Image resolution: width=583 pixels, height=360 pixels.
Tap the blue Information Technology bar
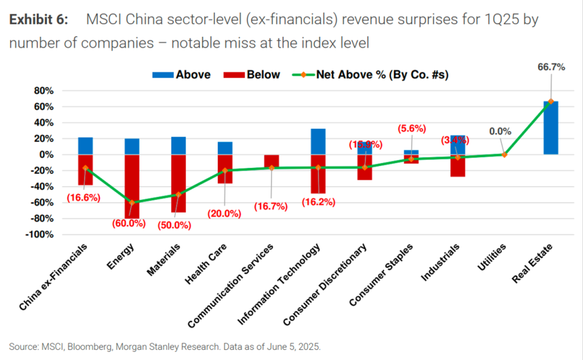[x=318, y=141]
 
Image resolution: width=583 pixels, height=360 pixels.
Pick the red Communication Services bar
[x=272, y=161]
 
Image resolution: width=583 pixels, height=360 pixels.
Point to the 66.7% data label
[x=551, y=67]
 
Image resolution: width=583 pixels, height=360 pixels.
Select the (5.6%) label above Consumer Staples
[x=411, y=128]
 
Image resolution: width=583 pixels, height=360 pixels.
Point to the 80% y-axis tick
[x=43, y=91]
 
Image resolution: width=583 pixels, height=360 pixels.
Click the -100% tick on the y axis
[x=40, y=235]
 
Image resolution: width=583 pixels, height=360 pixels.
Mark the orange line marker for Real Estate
[x=551, y=101]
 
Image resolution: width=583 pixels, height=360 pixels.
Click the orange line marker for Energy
[x=132, y=202]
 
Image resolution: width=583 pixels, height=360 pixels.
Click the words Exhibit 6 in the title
[x=38, y=21]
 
